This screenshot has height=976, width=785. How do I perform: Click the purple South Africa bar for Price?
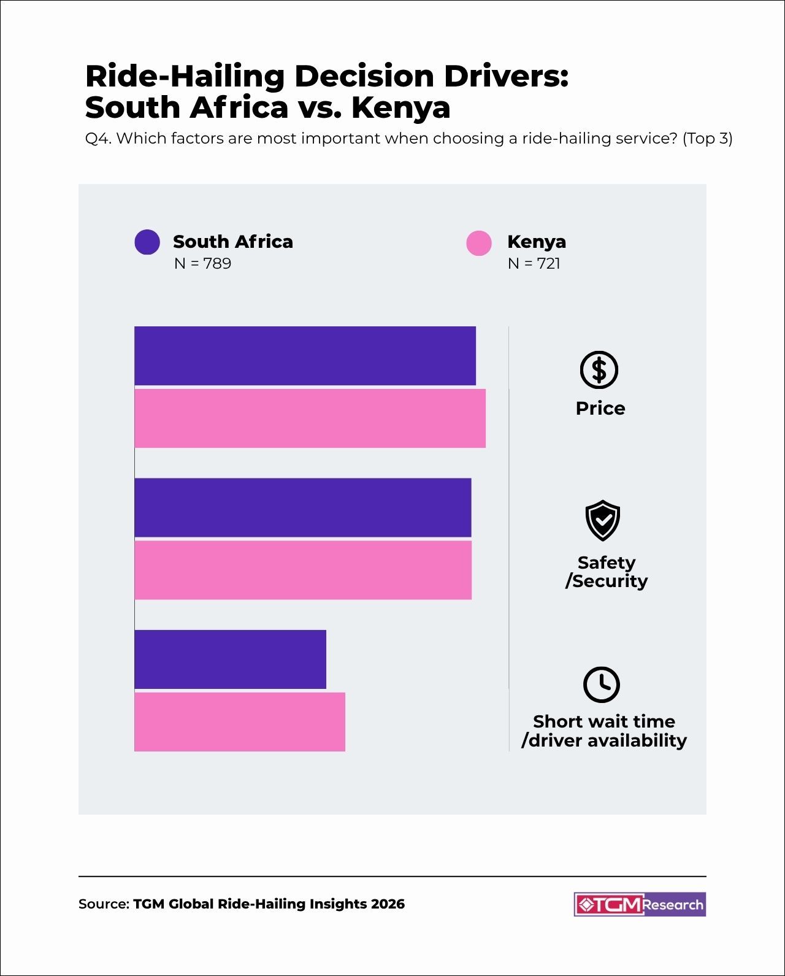pos(305,356)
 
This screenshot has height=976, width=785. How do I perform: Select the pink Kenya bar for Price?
pos(310,418)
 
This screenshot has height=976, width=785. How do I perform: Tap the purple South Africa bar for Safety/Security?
pos(303,507)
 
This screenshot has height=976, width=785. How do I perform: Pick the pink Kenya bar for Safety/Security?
pos(303,570)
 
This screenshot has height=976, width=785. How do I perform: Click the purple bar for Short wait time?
pos(230,659)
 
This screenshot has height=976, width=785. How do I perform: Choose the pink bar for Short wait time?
pos(240,722)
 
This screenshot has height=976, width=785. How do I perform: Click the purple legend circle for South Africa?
pos(147,242)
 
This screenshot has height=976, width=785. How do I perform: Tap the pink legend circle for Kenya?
pos(479,243)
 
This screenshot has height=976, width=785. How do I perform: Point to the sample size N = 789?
pos(202,264)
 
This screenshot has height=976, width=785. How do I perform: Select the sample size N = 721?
pos(534,264)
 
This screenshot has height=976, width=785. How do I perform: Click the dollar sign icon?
pos(599,370)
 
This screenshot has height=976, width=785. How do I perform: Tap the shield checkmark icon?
pos(603,520)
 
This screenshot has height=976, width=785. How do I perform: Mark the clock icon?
pos(602,684)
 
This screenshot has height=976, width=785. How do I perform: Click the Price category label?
pos(600,409)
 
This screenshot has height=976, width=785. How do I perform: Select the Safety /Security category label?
pos(606,572)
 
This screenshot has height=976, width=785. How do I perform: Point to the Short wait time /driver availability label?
pos(604,731)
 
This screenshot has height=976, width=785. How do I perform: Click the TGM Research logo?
pos(640,904)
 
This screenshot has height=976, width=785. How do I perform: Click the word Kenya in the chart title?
pos(400,108)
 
